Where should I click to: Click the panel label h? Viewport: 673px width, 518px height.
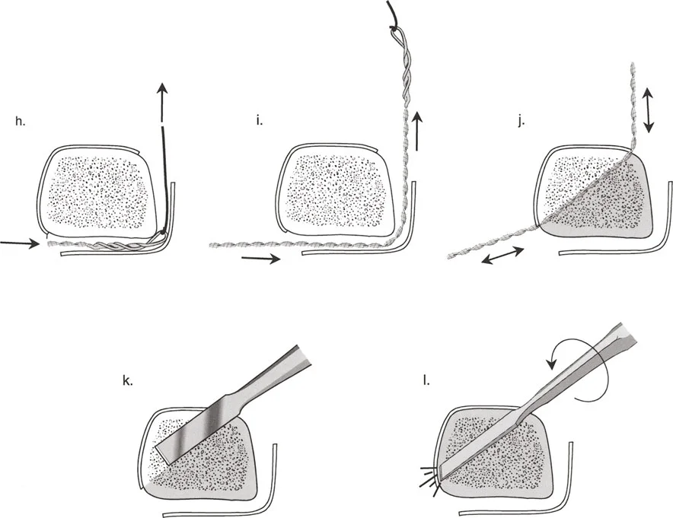20,121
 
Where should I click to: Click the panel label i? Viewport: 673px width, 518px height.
259,120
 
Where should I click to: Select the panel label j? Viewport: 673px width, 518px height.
521,122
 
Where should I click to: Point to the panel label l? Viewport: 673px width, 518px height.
426,380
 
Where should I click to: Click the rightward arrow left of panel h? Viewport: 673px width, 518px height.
19,243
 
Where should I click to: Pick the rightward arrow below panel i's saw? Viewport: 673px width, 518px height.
260,259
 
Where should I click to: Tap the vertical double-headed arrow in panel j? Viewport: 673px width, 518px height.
648,110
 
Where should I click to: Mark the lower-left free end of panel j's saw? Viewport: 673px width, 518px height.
450,257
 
